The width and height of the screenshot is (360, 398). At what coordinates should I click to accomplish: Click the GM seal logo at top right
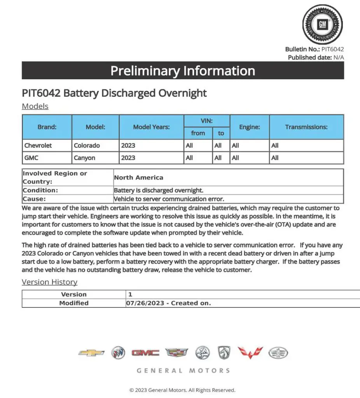[322, 24]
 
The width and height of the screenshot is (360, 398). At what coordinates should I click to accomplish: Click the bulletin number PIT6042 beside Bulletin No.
[332, 49]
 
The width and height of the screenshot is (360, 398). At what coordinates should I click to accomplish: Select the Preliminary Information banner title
[183, 71]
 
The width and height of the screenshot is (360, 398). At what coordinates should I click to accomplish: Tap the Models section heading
[35, 106]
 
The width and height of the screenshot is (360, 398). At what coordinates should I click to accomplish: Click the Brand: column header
[47, 127]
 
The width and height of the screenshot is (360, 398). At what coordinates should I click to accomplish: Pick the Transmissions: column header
[306, 127]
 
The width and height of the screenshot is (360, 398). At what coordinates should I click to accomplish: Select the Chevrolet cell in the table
[38, 145]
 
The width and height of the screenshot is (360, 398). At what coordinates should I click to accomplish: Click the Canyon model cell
[84, 158]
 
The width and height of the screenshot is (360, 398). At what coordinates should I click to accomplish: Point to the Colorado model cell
[87, 145]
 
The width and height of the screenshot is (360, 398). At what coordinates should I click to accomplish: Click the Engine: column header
[249, 127]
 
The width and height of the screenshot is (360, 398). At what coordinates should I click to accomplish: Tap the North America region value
[138, 177]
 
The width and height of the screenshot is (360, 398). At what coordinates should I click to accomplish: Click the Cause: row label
[34, 199]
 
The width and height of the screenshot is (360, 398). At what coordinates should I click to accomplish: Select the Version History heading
[49, 282]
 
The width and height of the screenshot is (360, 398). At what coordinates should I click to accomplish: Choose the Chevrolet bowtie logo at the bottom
[91, 353]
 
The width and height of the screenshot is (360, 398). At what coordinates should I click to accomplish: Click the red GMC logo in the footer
[145, 353]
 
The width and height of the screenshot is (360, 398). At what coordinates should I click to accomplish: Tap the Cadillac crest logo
[177, 353]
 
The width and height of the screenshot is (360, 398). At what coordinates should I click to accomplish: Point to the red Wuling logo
[250, 353]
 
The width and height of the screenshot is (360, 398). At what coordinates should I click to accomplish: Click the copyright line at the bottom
[182, 390]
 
